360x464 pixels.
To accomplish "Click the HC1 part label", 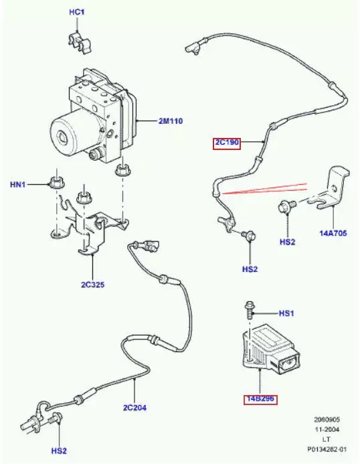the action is click(x=76, y=12).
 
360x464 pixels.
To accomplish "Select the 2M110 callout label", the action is click(x=171, y=121).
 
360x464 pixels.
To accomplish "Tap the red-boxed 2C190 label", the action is click(x=227, y=143).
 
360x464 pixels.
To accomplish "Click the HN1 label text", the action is click(x=18, y=185).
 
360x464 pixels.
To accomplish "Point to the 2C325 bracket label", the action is click(x=93, y=285).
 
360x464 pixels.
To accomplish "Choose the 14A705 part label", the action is click(x=333, y=233).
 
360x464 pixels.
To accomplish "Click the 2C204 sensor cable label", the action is click(x=134, y=408).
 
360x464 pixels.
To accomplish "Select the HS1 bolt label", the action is click(x=286, y=313).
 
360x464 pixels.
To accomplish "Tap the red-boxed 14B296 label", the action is click(x=260, y=399).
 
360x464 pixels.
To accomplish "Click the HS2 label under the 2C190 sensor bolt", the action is click(x=250, y=269).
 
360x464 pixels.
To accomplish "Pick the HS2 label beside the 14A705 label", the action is click(x=288, y=242).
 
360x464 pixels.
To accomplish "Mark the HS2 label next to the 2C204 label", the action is click(x=59, y=451).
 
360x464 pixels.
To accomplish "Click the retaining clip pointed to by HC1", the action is click(x=80, y=43).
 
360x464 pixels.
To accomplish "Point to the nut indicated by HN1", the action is click(x=57, y=182).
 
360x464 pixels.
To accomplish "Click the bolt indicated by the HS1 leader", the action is click(x=250, y=310).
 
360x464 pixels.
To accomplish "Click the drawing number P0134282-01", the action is click(x=327, y=449).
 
